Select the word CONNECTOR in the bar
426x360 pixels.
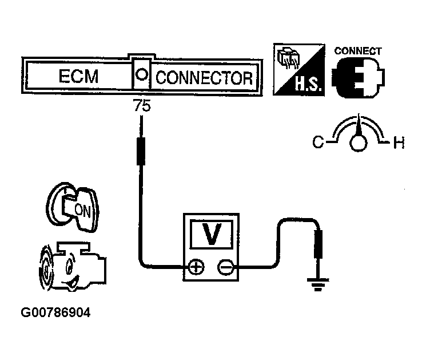(x=204, y=77)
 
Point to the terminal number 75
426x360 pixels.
(x=141, y=106)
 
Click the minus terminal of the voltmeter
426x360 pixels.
(x=227, y=266)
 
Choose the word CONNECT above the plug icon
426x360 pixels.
(x=358, y=51)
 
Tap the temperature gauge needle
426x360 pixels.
(x=359, y=126)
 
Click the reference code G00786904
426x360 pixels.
(x=55, y=313)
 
